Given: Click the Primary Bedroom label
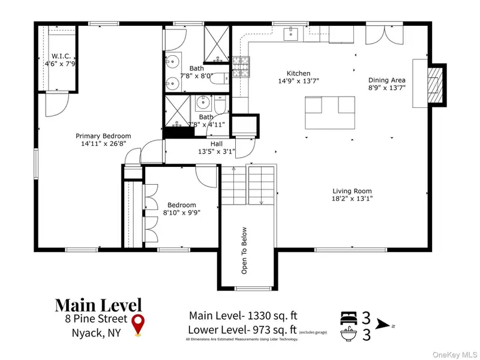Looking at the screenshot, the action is coord(103,136).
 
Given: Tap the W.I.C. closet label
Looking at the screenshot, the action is coord(61,56).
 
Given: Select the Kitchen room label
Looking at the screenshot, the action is coord(298,73).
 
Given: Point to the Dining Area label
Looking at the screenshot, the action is coord(387,80).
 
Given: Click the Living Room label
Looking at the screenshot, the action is coord(352,191).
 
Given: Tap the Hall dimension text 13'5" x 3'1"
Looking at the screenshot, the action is coord(217,151).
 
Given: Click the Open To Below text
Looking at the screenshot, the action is coord(244,250).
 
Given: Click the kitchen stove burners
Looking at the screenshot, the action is coord(241,67).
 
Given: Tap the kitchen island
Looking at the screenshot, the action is coord(330,113).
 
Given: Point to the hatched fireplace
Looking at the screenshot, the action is coord(435,85).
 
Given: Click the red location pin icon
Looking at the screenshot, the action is coord(138,325).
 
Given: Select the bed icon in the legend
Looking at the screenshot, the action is coord(349,318).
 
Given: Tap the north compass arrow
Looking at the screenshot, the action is coord(383,324).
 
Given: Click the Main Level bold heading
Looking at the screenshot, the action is coord(98,305).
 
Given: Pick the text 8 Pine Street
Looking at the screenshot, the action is coord(96,319).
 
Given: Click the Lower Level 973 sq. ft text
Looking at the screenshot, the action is coord(242,329).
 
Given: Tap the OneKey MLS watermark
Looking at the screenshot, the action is coord(455,355).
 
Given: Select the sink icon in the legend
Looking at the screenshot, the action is coord(349,334).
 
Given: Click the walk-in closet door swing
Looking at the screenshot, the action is coord(57,104).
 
